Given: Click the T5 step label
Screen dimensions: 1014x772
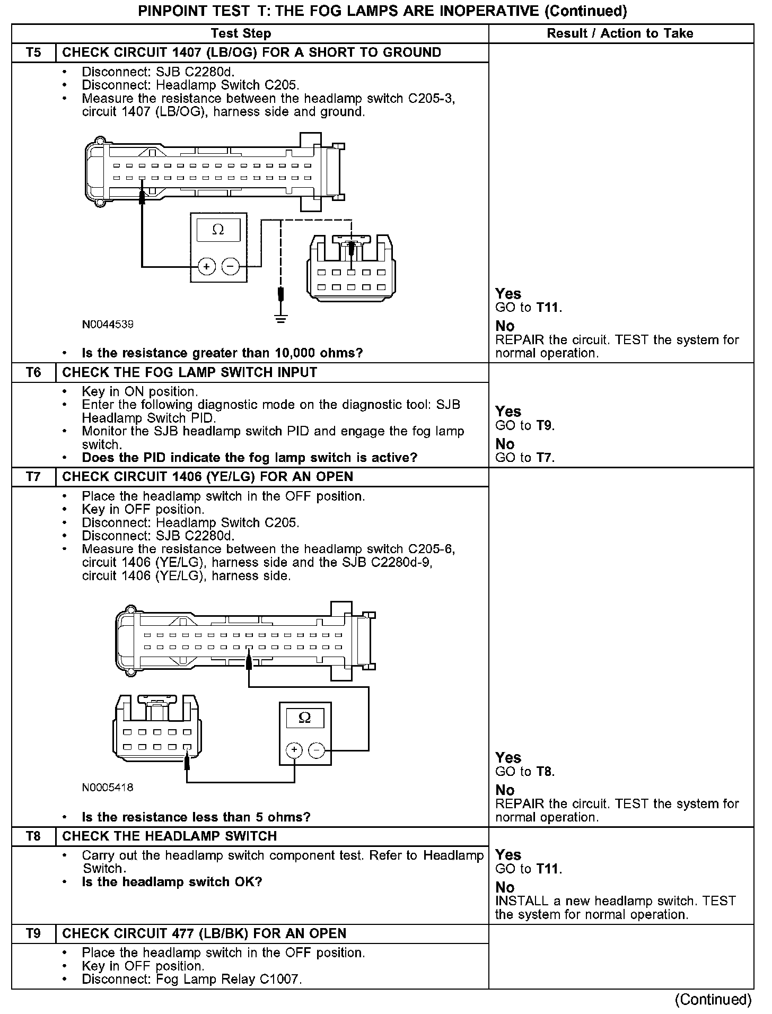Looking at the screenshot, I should [x=33, y=53].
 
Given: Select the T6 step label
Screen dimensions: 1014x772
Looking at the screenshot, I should [x=33, y=372].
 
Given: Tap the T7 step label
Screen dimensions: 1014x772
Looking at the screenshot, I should [x=33, y=477].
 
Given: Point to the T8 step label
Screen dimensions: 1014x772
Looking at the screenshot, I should [x=33, y=836].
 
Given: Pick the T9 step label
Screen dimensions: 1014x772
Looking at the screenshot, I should [x=33, y=933].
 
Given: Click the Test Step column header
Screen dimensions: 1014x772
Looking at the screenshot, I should [x=241, y=33].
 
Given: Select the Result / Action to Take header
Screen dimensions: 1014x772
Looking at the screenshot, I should [x=620, y=33].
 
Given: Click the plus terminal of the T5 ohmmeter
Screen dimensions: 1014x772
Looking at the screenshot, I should [x=206, y=266].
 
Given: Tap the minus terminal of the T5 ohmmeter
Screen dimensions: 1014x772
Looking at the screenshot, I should [x=230, y=266].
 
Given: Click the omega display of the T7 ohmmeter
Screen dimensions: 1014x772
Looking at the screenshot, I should [x=305, y=718].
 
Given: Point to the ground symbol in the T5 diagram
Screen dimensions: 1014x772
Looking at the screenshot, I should [x=281, y=318].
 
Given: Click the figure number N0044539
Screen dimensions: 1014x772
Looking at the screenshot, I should [x=108, y=324].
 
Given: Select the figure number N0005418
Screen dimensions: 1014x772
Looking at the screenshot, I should [x=108, y=788].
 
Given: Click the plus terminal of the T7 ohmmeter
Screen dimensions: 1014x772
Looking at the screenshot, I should [x=294, y=750].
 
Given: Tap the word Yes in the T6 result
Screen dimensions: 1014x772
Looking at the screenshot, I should [x=508, y=412].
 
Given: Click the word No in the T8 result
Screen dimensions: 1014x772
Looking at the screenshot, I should [x=505, y=887].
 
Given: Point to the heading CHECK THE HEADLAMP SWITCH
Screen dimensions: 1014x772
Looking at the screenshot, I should [x=170, y=836].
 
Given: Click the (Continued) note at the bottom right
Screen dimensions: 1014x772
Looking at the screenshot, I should [x=713, y=999].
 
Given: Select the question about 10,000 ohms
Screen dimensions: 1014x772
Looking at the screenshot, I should [x=222, y=353].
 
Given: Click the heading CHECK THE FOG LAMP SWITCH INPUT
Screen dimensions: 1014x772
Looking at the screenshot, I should [x=189, y=372].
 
